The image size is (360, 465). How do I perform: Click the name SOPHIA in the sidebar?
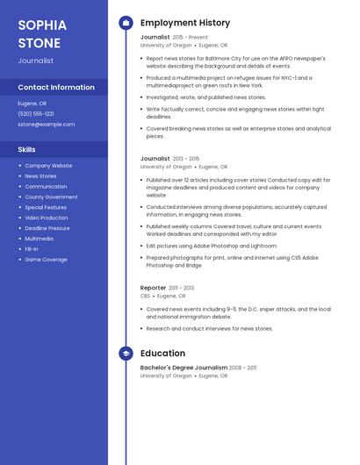coord(42,25)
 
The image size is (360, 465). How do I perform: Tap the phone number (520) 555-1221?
coord(36,114)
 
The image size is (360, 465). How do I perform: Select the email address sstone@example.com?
coord(46,125)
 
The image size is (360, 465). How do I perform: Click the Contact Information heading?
coord(56,87)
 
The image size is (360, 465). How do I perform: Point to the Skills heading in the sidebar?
coord(26,149)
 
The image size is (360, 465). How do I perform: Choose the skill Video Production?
coord(46,218)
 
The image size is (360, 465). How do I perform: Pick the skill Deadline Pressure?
coord(47,228)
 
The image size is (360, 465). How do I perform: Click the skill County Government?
coord(51,197)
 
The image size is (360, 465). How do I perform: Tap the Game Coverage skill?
coord(46,260)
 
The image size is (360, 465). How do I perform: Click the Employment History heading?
coord(185,23)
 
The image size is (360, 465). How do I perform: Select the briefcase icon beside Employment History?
coord(126,23)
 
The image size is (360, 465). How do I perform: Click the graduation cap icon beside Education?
coord(126,354)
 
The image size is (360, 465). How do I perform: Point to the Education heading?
coord(162,354)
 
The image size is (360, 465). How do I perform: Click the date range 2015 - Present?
coord(191,38)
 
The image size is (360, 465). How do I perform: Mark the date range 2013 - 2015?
coord(186,159)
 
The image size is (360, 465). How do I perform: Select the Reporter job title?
coord(153,288)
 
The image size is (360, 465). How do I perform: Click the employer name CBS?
coord(145,297)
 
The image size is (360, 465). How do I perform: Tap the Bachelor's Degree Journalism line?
coord(184,368)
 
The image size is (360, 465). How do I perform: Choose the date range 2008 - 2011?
coord(243,368)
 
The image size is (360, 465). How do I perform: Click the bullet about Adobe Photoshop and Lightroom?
coord(212,247)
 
